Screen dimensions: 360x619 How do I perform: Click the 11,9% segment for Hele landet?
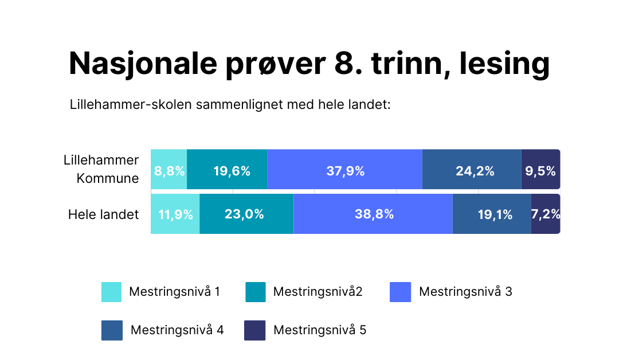tap(175, 214)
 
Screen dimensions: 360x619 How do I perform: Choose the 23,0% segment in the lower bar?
tap(246, 214)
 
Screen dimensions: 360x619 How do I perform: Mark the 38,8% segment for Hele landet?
tap(373, 214)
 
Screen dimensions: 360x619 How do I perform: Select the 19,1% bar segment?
tap(492, 214)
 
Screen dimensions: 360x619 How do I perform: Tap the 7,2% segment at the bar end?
tap(545, 214)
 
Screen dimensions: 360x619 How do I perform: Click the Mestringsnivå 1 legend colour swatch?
tap(111, 292)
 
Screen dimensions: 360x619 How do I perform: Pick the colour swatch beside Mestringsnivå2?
tap(255, 292)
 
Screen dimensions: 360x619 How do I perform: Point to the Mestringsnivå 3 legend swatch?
tap(400, 292)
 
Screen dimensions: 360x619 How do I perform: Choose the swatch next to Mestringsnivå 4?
tap(111, 330)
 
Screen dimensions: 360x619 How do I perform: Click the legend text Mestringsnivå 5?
tap(319, 330)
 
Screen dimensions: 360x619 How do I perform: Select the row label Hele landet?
tap(104, 215)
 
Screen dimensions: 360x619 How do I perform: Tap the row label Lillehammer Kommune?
tap(101, 169)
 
